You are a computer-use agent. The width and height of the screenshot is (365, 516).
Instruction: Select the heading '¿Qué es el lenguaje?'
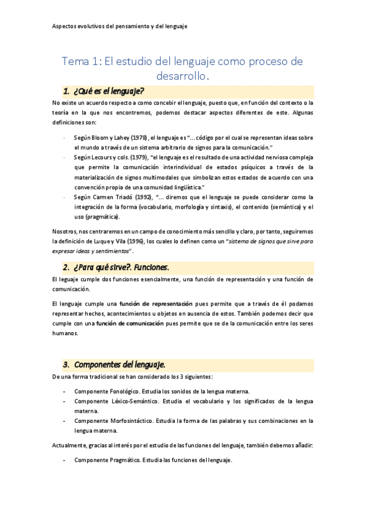[x=108, y=92]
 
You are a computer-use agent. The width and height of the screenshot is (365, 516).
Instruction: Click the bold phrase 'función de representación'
[x=156, y=303]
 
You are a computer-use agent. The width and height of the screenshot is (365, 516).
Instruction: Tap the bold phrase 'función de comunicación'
[x=129, y=323]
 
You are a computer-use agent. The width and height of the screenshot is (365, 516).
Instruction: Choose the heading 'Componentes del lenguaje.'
[x=119, y=364]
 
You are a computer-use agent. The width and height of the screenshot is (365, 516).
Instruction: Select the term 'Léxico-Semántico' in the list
[x=135, y=401]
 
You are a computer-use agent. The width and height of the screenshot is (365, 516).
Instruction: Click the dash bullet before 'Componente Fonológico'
[x=65, y=391]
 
